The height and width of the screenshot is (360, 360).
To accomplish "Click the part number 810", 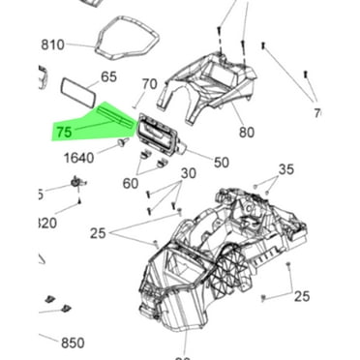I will pos(51,45).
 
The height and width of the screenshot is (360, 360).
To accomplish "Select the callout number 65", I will pos(109,76).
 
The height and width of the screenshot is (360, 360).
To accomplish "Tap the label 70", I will pos(149,84).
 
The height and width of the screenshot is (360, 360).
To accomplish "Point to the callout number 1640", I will pos(79,158).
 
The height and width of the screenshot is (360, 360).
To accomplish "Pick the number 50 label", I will pos(221,163).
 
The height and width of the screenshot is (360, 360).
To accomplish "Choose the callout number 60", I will pos(131,183).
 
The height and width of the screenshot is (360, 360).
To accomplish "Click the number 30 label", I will pos(188,173).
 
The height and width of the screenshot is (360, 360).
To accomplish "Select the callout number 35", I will pos(285,170).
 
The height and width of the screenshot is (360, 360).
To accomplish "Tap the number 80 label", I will pos(246,133).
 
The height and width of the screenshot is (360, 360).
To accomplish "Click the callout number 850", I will pos(73,343).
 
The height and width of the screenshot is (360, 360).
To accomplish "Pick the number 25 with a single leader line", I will pos(301,296).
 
